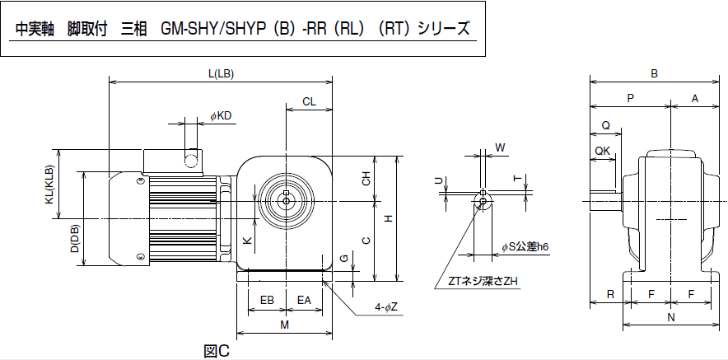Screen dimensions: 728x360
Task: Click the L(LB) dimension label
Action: click(221, 74)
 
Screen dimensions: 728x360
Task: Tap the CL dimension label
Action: click(309, 101)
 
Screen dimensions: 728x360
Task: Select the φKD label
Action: click(221, 116)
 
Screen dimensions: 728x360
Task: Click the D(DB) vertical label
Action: click(75, 239)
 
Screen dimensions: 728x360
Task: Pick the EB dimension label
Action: click(267, 300)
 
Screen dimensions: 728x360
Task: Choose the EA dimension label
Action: click(304, 300)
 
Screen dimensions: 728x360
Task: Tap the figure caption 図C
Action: click(217, 351)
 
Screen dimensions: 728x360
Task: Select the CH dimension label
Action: click(366, 179)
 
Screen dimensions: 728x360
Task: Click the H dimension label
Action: click(389, 217)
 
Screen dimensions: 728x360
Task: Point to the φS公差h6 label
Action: click(525, 246)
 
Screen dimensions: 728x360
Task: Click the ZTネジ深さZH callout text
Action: click(483, 281)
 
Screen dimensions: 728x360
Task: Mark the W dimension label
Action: click(500, 148)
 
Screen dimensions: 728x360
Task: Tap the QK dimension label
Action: click(602, 151)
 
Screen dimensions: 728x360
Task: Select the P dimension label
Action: click(630, 98)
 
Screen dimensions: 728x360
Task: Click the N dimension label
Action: click(671, 318)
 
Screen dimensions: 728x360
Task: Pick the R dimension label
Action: click(610, 294)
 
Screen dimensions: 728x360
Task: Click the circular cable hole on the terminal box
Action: click(191, 161)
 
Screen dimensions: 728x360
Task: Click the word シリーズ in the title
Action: click(443, 29)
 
